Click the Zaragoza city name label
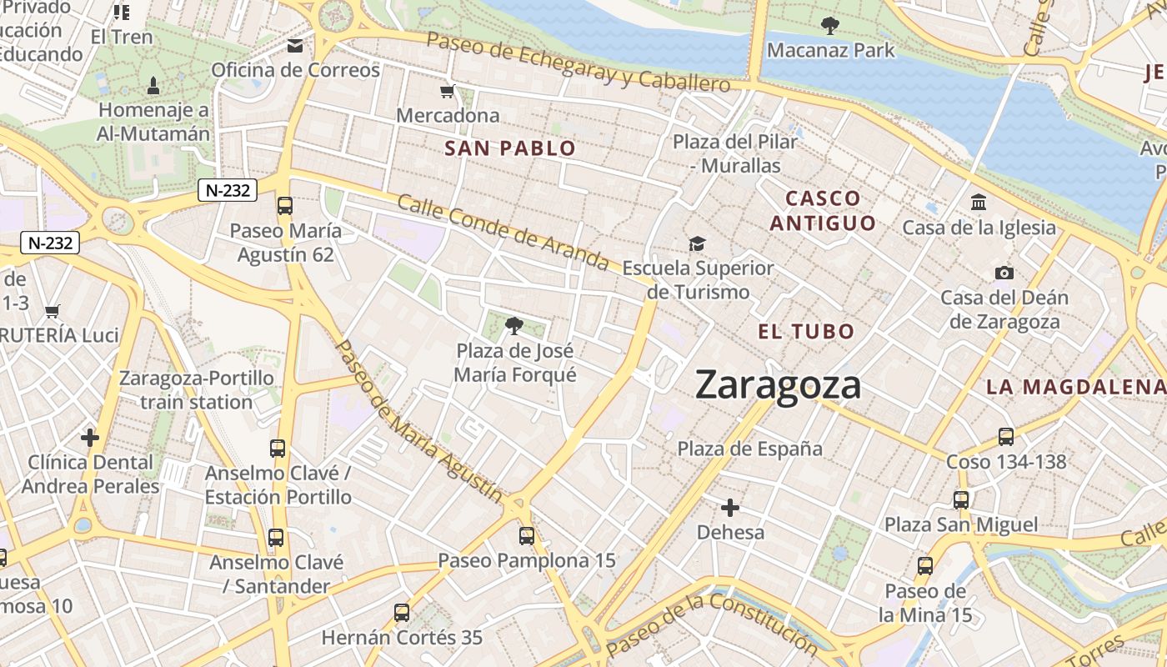(x=778, y=385)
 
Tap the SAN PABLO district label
(x=510, y=149)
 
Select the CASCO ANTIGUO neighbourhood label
(x=823, y=211)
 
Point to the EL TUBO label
(x=806, y=331)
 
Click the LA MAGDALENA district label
(x=1075, y=387)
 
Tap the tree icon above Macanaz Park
(x=829, y=26)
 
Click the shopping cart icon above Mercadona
(x=448, y=91)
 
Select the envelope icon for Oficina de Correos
(x=295, y=46)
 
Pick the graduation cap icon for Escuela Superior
(x=697, y=243)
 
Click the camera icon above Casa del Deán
(x=1004, y=273)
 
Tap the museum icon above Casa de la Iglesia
(x=979, y=203)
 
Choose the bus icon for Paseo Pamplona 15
(x=527, y=535)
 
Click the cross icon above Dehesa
(x=730, y=507)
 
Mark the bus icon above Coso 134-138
(x=1006, y=436)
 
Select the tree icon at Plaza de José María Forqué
(x=514, y=325)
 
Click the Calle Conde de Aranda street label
(x=503, y=233)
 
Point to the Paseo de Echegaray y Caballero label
(x=578, y=63)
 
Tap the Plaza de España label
(x=749, y=449)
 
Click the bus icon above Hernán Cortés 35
(x=402, y=613)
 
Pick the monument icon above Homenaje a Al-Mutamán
(x=153, y=85)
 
